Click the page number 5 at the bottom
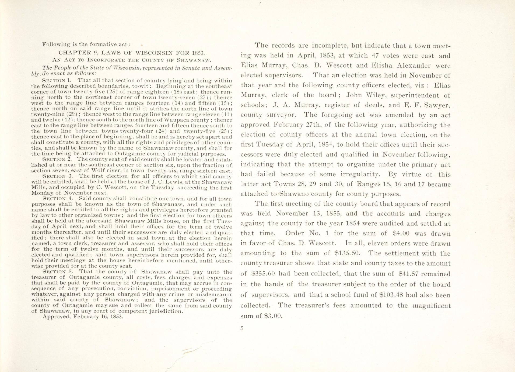click(x=242, y=328)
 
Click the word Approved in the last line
click(x=56, y=317)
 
